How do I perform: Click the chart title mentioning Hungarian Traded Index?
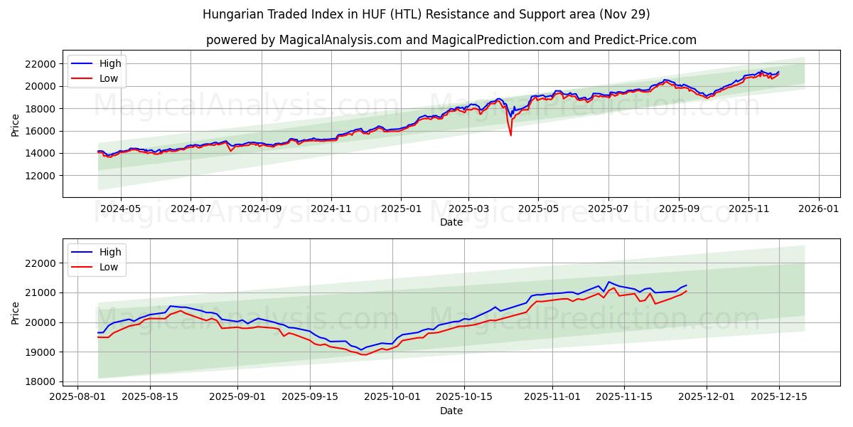tap(426, 14)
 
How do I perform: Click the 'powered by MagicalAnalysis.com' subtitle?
tap(451, 40)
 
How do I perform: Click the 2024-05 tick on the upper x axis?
tap(120, 209)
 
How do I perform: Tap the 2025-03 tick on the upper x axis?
tap(468, 209)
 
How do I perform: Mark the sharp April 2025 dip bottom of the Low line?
tap(510, 135)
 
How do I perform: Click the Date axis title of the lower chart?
tap(451, 411)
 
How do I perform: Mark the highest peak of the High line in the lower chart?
tap(608, 282)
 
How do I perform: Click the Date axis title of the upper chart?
tap(451, 222)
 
